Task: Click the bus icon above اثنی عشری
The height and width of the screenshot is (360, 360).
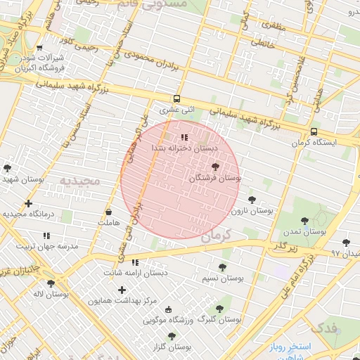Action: [x=176, y=99]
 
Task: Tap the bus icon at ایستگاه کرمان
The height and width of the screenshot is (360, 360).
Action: [x=313, y=131]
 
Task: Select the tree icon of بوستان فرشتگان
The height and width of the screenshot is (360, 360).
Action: [x=214, y=167]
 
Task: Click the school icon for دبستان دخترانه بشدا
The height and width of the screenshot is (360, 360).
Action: [x=184, y=137]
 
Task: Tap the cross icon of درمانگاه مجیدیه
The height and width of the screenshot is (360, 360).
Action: [x=28, y=204]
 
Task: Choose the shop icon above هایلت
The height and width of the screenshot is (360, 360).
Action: [x=108, y=212]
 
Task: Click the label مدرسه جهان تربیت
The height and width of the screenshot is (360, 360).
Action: [x=48, y=247]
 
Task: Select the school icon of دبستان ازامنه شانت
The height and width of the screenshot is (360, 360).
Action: [x=135, y=262]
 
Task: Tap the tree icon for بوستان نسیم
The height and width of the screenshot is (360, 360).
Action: [x=222, y=267]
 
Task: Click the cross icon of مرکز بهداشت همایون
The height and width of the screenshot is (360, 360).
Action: [x=122, y=290]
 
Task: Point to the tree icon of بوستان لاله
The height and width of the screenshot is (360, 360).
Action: [x=51, y=283]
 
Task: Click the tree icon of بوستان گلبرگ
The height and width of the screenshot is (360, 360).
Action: [x=220, y=307]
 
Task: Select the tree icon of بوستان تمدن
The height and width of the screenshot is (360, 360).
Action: [x=304, y=221]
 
